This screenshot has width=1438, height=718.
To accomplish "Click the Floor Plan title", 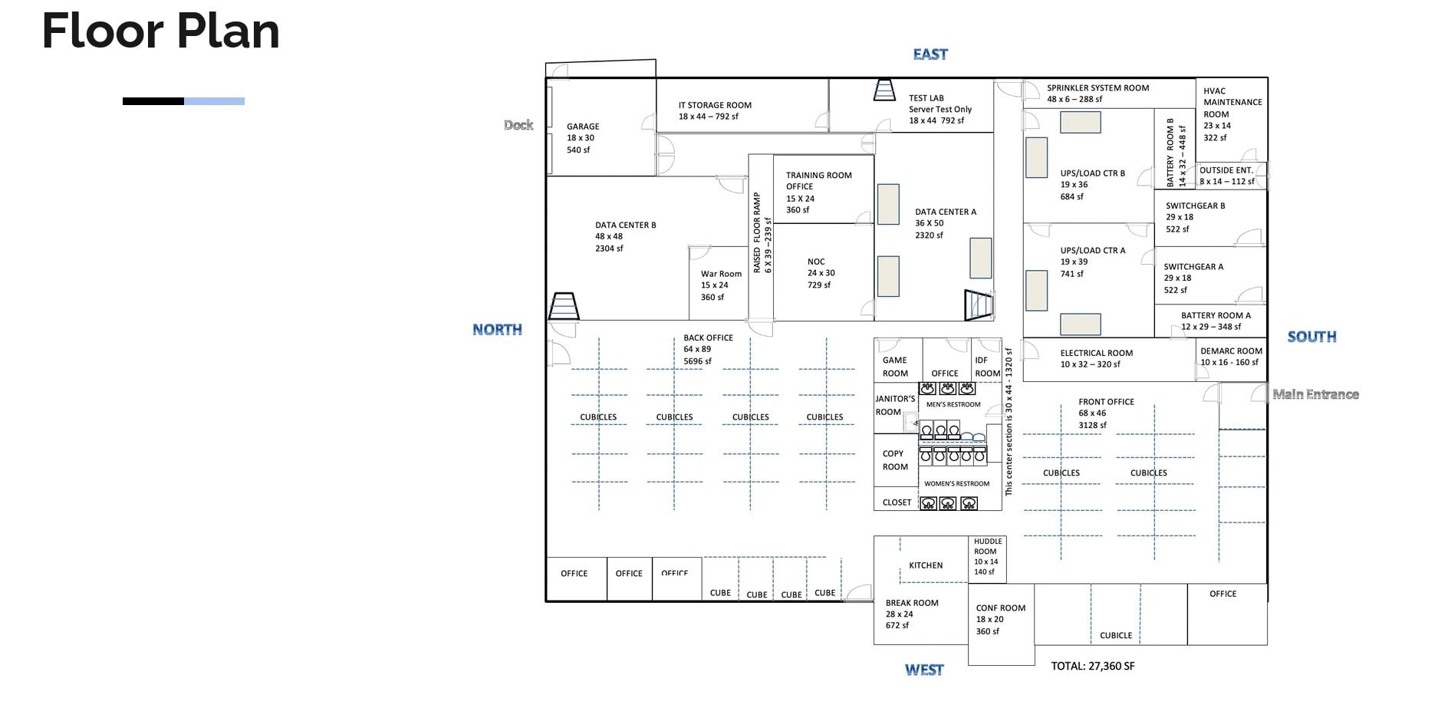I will click(x=160, y=31).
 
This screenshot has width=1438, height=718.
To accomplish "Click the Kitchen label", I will click(x=926, y=565).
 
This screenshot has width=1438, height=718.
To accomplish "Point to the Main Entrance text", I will click(x=1315, y=394).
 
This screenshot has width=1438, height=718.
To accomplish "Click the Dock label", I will click(x=518, y=125).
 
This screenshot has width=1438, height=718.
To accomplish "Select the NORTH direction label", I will click(x=497, y=330).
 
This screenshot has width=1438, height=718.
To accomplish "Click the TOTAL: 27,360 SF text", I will click(x=1092, y=666).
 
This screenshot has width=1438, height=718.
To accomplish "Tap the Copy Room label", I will click(x=894, y=460).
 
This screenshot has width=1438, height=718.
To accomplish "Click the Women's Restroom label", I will click(x=956, y=484).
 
